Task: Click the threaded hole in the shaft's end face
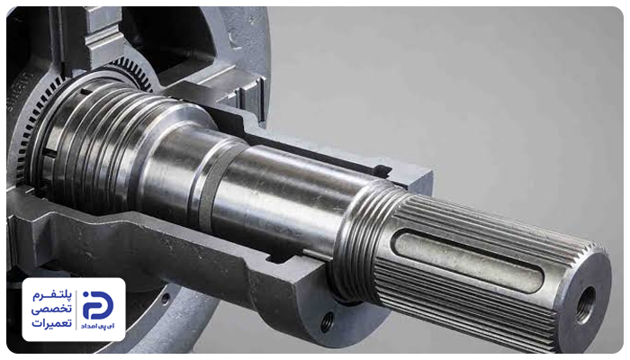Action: pos(585,304)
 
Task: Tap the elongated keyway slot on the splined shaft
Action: pos(469,260)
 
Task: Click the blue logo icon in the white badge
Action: pos(98,305)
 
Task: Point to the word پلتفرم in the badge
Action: pos(52,296)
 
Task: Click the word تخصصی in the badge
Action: pos(52,310)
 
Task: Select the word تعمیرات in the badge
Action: pos(52,323)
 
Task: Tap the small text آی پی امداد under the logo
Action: pos(98,326)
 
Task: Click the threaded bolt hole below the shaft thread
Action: pos(328,321)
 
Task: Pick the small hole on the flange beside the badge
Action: pos(165,299)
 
